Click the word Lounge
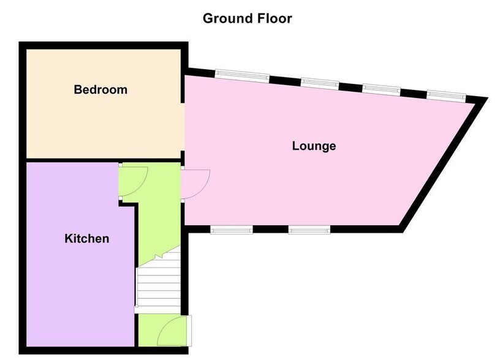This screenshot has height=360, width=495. coord(314,146)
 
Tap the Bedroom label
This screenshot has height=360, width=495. coord(100,90)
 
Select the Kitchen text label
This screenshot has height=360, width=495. coord(87,238)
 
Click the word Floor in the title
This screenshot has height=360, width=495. coord(274,18)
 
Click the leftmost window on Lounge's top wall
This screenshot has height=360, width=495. coord(241,75)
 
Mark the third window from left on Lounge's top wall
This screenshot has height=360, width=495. coord(382,89)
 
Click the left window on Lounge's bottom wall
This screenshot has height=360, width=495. coord(232,230)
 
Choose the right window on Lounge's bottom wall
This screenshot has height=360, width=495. coord(309,230)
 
